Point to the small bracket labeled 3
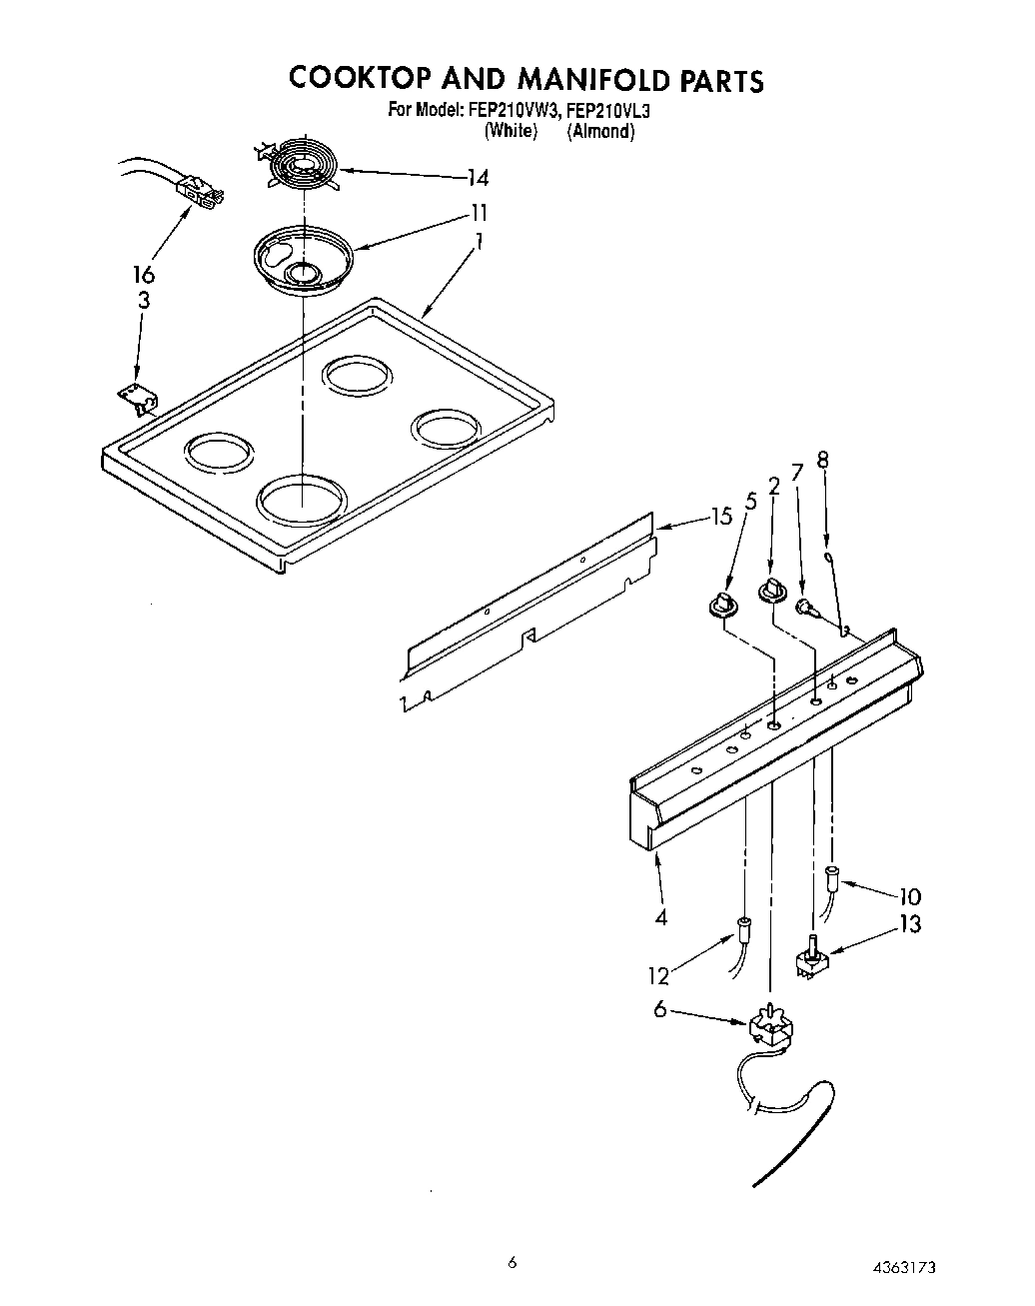[x=137, y=399]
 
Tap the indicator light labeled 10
[x=831, y=878]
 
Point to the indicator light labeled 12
[x=743, y=928]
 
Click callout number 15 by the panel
[x=721, y=516]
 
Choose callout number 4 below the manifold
[x=660, y=917]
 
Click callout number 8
[x=822, y=461]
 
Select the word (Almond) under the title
[x=600, y=131]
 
